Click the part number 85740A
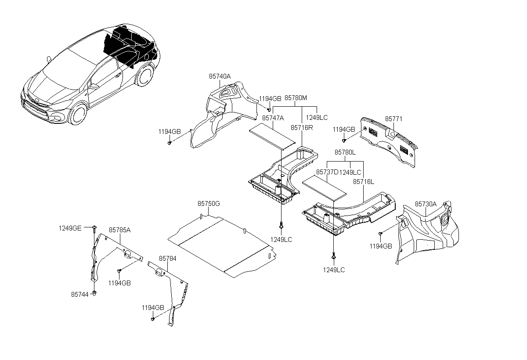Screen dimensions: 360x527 220,76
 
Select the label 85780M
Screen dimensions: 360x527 296,98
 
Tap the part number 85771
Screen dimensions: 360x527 393,119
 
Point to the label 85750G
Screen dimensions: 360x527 208,204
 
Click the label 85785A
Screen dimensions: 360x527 120,230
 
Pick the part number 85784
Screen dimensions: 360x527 168,259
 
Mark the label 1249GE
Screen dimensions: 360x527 70,228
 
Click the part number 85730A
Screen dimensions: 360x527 426,204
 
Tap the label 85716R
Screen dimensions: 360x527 302,127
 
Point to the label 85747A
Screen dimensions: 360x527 273,118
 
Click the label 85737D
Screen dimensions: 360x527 327,172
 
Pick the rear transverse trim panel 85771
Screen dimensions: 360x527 389,141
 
